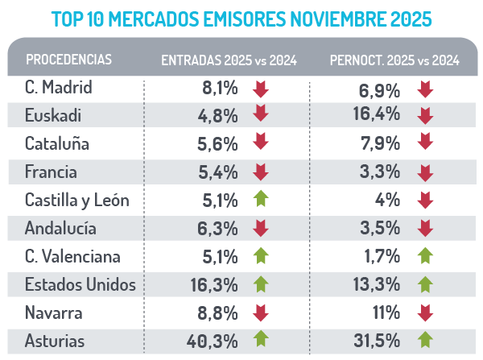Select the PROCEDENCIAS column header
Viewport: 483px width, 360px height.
tap(68, 60)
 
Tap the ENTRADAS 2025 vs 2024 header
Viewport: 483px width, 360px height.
tap(229, 60)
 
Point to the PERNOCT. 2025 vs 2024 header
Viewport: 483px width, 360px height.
tap(394, 60)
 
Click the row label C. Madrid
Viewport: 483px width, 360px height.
tap(59, 87)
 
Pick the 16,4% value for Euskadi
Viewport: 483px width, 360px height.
tap(377, 114)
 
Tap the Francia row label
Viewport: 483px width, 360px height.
tap(52, 172)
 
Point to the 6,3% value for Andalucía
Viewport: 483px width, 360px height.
tap(220, 229)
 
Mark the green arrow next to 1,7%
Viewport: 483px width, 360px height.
tap(426, 257)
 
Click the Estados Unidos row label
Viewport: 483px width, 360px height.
tap(80, 284)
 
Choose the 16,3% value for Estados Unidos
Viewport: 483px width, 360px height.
tap(214, 285)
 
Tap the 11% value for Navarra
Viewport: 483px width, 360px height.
tap(385, 313)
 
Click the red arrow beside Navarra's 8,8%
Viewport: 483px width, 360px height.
tap(260, 313)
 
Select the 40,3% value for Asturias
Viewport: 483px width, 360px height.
tap(214, 341)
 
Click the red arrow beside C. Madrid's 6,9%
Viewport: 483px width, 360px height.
tap(426, 88)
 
